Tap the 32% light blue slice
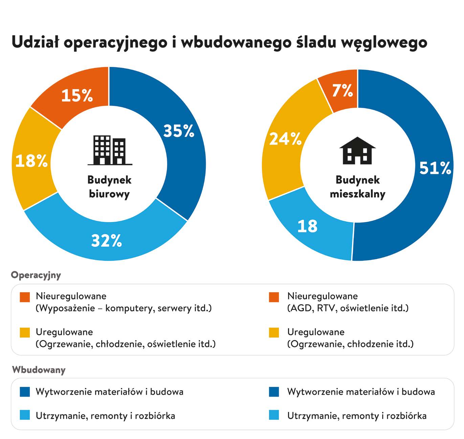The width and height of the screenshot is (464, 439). (x=107, y=241)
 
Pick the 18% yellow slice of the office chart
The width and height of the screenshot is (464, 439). (x=32, y=161)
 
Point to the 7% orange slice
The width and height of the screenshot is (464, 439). (x=343, y=91)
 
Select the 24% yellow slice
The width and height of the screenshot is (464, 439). (x=285, y=139)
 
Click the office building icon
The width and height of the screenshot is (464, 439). (x=109, y=150)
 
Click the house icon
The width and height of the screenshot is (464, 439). (x=357, y=151)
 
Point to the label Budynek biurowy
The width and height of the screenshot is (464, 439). (x=109, y=187)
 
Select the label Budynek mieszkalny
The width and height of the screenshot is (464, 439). (x=357, y=187)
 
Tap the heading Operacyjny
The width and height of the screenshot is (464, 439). (x=36, y=275)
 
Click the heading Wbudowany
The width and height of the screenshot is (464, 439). (x=39, y=369)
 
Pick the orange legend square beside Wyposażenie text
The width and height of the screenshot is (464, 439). (x=25, y=297)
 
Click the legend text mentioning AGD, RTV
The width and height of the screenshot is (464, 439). (x=348, y=308)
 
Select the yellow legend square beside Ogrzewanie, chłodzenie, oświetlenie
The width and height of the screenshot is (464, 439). (x=25, y=333)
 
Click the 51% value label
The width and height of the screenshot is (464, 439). (x=435, y=168)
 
